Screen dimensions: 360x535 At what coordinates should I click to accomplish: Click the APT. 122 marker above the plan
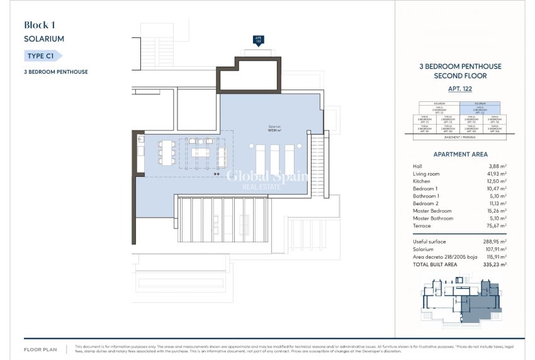258,40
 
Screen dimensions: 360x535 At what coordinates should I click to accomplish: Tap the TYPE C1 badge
43,56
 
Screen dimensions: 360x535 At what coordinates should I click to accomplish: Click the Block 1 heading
40,25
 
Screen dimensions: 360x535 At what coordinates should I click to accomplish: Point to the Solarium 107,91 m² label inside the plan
273,130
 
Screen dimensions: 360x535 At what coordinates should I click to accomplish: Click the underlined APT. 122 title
459,89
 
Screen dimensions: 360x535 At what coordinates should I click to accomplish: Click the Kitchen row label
422,181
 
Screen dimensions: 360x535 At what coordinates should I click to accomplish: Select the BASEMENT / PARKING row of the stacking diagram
459,136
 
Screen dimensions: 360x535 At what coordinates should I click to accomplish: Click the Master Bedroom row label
432,211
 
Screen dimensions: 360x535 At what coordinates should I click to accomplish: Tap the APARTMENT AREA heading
460,154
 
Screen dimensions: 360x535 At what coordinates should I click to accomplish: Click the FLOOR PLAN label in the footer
41,348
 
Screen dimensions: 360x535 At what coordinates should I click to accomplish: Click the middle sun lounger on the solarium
274,158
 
